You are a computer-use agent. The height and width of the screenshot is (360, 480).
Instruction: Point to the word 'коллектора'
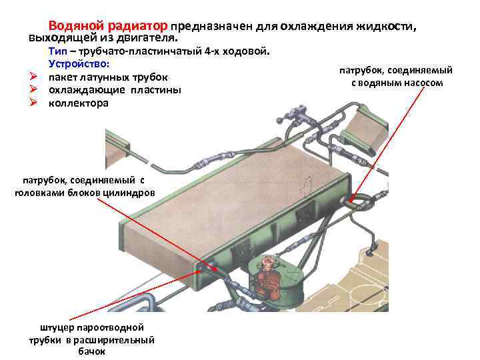78,103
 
